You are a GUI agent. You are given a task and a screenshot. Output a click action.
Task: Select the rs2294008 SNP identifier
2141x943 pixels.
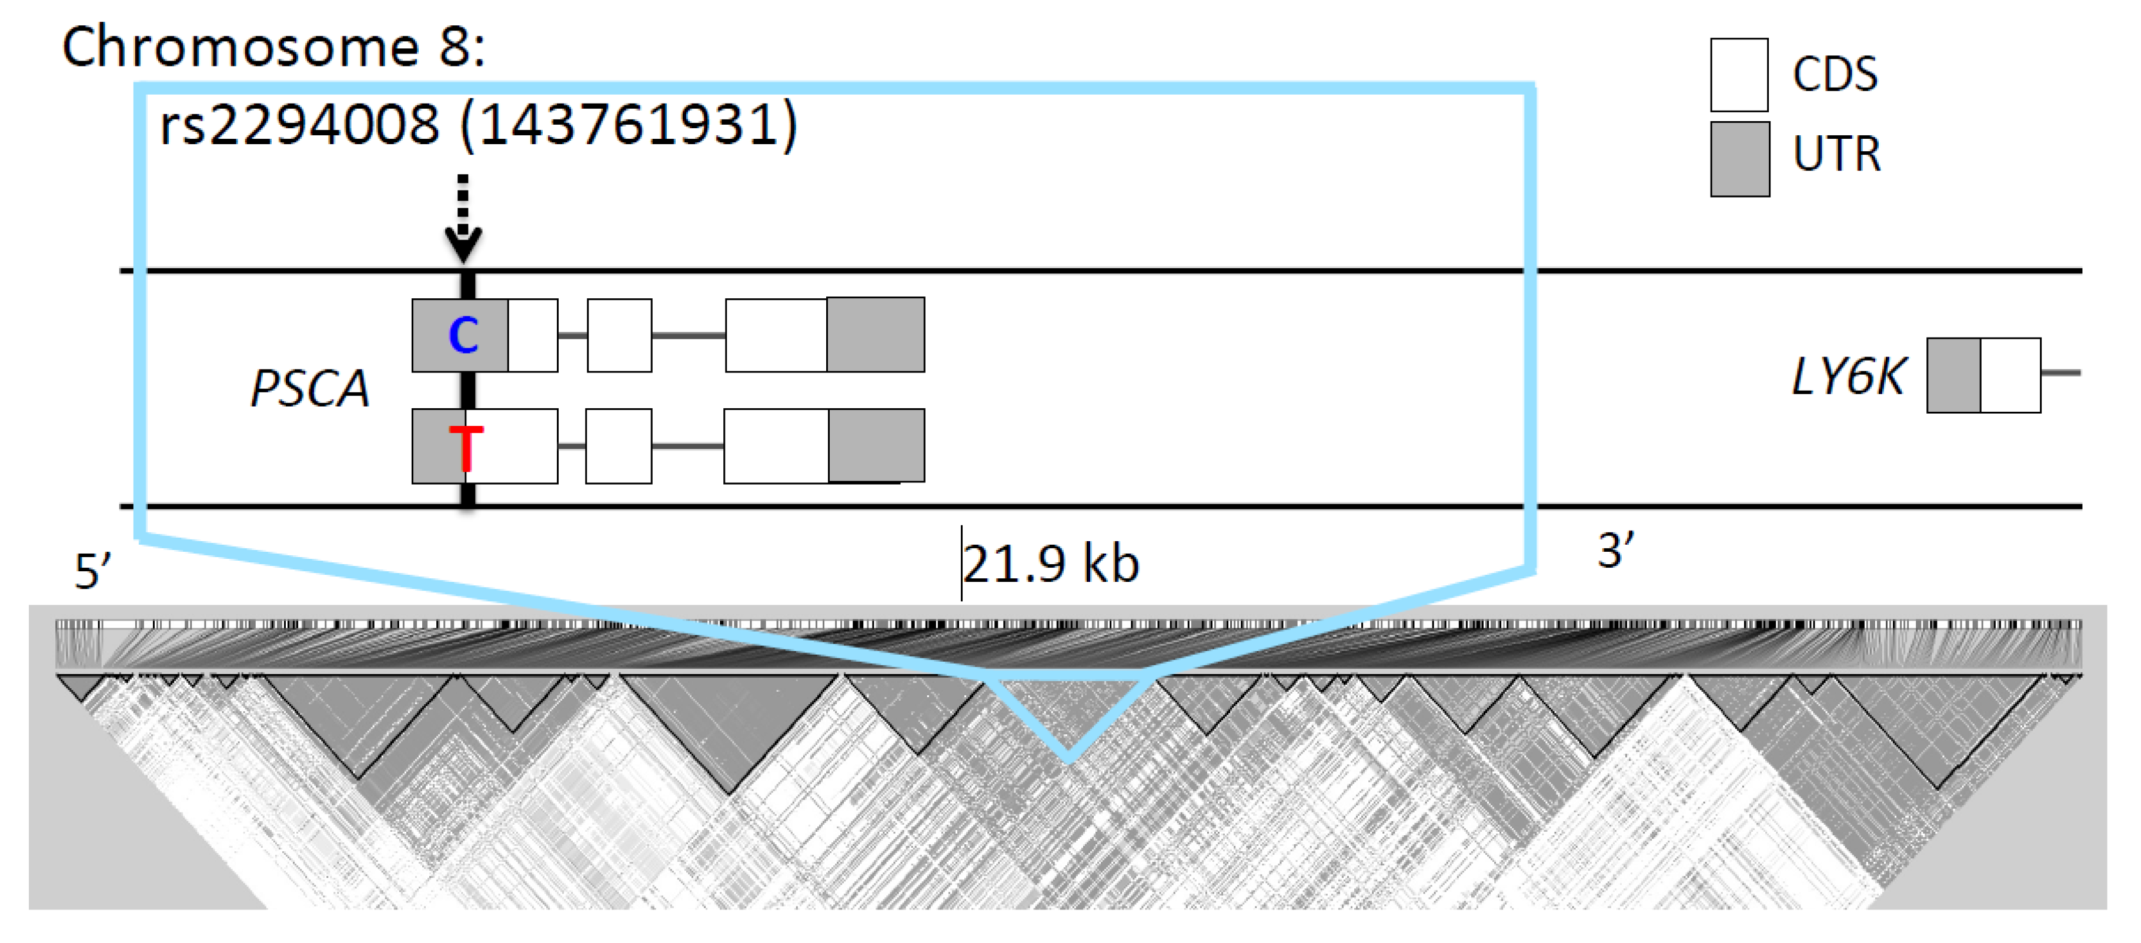coord(299,125)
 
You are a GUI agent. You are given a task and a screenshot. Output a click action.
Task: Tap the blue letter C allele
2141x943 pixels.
coord(463,335)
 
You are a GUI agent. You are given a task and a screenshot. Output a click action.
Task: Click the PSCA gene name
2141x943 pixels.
coord(310,388)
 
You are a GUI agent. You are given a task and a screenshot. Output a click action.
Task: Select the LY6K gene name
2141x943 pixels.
coord(1848,376)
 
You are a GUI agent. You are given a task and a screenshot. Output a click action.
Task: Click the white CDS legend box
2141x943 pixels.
coord(1739,75)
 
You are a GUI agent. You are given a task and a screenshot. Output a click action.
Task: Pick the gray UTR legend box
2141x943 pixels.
coord(1739,159)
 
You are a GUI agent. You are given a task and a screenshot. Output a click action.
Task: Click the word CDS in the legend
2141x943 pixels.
coord(1834,75)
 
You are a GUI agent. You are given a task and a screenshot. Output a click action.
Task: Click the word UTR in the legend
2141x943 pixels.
coord(1836,155)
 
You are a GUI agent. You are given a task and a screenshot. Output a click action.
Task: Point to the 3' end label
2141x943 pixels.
coord(1616,551)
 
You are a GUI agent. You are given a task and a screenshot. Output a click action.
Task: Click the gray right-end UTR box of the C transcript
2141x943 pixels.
coord(875,334)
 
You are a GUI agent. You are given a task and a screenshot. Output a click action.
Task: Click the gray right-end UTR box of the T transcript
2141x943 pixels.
coord(876,445)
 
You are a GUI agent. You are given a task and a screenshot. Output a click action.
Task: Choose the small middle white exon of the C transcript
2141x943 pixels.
coord(619,335)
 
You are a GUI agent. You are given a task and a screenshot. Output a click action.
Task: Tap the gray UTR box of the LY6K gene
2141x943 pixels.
coord(1953,375)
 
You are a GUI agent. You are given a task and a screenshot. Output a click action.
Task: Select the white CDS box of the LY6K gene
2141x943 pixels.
coord(2010,375)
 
